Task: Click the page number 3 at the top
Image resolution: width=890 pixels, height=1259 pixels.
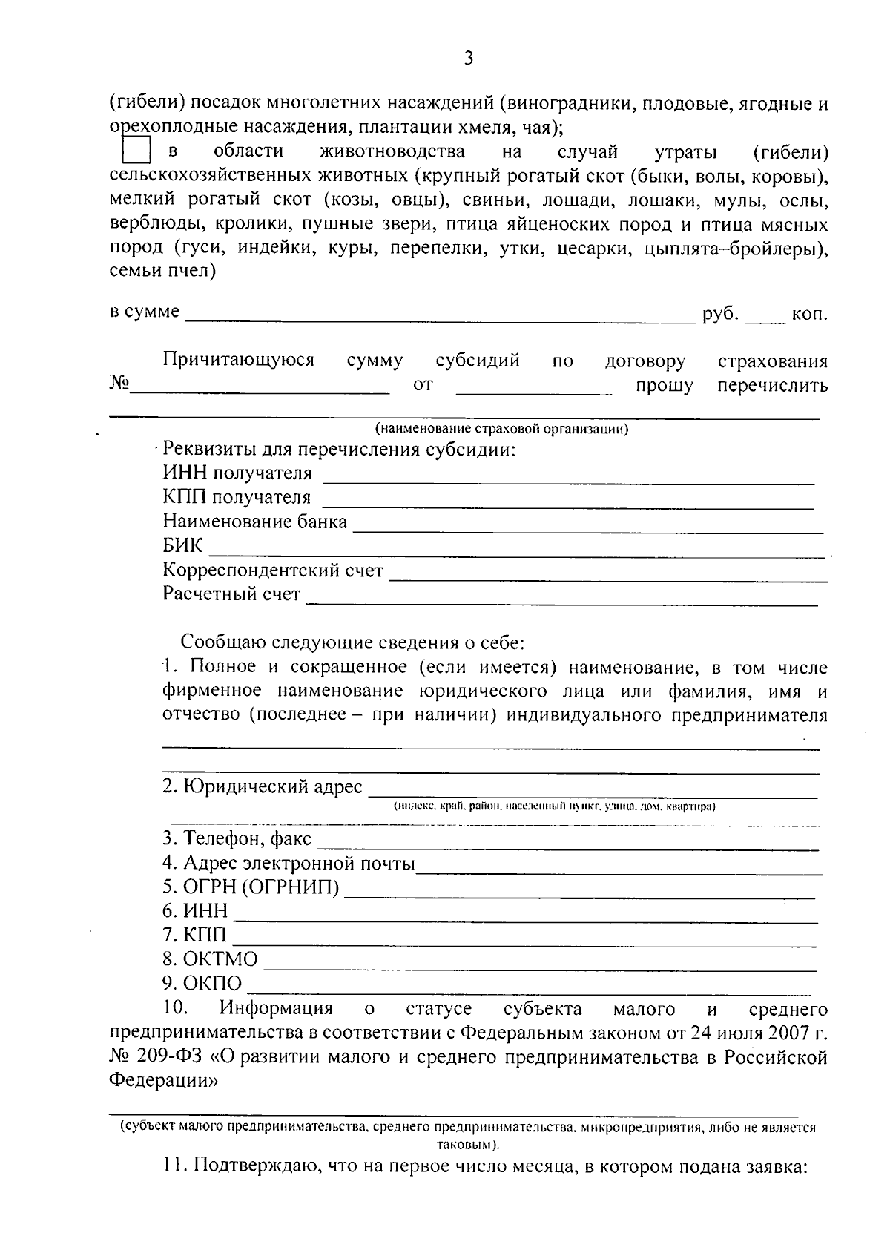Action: pyautogui.click(x=467, y=59)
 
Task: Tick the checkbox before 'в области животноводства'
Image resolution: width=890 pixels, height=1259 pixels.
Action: pyautogui.click(x=136, y=151)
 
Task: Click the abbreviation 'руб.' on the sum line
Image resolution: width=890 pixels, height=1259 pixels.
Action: pyautogui.click(x=720, y=314)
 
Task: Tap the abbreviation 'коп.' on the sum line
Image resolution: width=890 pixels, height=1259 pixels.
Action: pyautogui.click(x=810, y=314)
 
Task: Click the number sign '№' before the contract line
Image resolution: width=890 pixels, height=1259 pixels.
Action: pyautogui.click(x=120, y=384)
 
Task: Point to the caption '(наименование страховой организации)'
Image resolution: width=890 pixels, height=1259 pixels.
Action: pyautogui.click(x=501, y=429)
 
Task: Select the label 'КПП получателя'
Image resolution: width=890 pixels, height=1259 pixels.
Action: pyautogui.click(x=237, y=497)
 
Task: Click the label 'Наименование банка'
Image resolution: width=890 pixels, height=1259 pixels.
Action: pyautogui.click(x=254, y=522)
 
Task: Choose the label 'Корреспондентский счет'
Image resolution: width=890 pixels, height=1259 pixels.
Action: pyautogui.click(x=273, y=571)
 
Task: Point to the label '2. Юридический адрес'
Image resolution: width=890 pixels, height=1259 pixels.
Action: pyautogui.click(x=263, y=787)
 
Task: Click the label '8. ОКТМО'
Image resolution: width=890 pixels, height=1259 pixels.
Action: pyautogui.click(x=210, y=959)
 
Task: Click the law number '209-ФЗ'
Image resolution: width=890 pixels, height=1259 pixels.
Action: pyautogui.click(x=169, y=1056)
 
